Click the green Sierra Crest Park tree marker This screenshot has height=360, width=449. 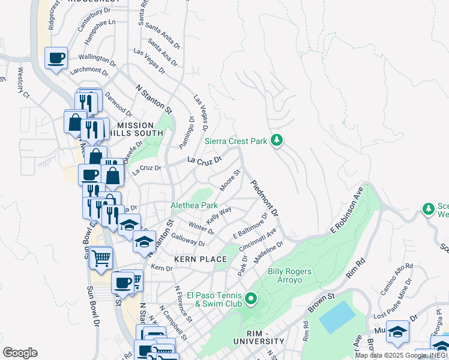tap(276, 141)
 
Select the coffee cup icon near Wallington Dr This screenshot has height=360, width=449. tap(56, 58)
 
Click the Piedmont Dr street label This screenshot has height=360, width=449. tap(265, 199)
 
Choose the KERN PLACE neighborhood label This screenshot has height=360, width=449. tap(200, 259)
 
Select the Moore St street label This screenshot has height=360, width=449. tap(229, 181)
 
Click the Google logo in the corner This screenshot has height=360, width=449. tap(20, 352)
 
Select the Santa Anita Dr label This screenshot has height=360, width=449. tap(163, 35)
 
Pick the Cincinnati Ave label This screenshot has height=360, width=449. tap(258, 239)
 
